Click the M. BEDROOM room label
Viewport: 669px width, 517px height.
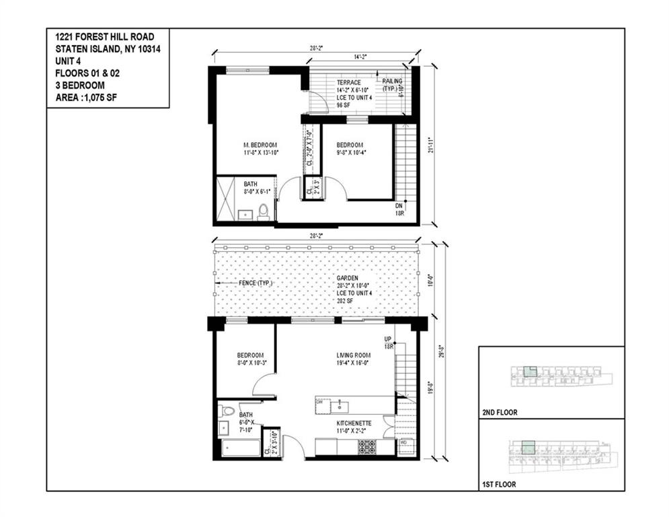260,145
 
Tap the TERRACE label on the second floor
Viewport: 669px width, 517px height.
348,82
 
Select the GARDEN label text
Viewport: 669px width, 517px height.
348,277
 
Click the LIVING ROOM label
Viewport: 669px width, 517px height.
354,355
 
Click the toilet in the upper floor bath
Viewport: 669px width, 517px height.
264,211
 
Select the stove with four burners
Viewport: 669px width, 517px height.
367,447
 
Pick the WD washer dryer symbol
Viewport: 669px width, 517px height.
403,443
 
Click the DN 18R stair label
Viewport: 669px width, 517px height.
399,208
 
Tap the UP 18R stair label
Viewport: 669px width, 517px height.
388,342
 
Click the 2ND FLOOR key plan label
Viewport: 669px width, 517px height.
500,412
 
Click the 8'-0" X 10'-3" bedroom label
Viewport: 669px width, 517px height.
249,364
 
